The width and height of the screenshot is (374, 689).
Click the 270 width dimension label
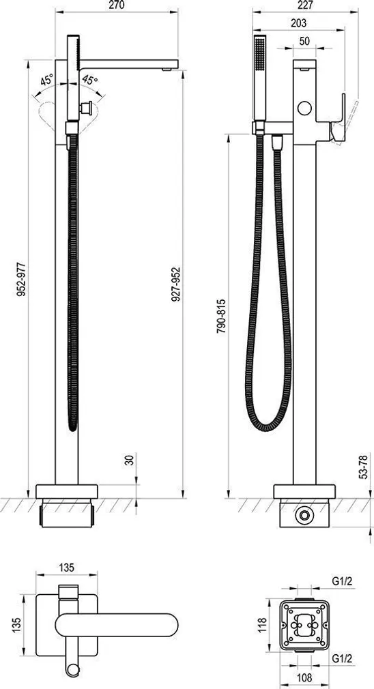tap(116, 5)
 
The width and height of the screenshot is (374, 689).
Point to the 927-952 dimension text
tap(176, 284)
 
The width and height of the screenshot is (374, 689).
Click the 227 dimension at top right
tap(306, 5)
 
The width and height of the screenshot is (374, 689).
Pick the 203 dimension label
tap(298, 23)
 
